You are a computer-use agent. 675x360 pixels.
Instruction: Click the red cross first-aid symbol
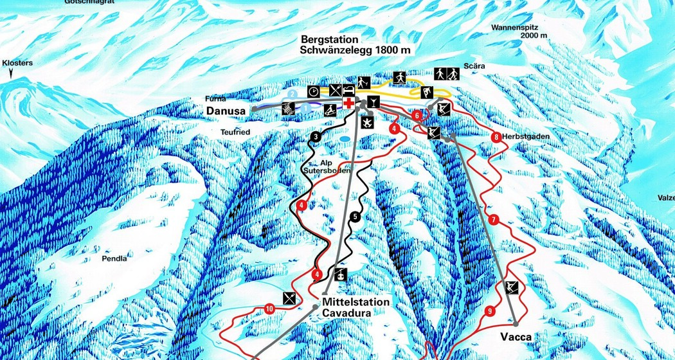(x=348, y=104)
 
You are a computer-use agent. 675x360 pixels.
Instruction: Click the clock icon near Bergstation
(x=313, y=91)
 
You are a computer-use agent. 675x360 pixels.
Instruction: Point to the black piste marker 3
(x=315, y=136)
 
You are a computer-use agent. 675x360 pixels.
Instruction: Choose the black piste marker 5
(x=355, y=217)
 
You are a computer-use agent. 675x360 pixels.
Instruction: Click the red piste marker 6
(x=417, y=116)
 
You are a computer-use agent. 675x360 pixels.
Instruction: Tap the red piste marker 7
(x=493, y=219)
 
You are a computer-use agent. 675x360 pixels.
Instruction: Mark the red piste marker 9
(x=490, y=311)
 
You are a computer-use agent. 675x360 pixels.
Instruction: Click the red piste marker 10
(x=269, y=309)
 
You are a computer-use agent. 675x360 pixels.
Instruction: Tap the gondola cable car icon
(x=340, y=274)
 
